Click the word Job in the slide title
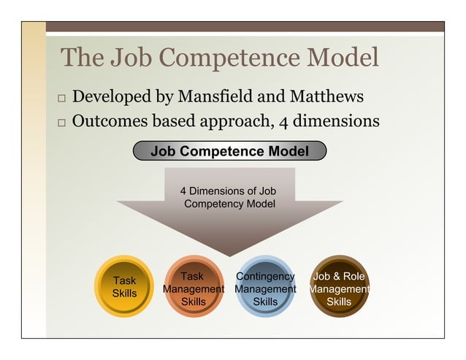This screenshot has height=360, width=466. [129, 58]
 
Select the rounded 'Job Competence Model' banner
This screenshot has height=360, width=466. [229, 151]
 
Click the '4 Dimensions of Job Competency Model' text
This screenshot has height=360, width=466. [229, 197]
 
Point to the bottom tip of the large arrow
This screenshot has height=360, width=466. [229, 255]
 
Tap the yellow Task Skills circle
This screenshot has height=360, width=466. [124, 286]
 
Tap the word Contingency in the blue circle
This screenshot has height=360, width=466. [265, 277]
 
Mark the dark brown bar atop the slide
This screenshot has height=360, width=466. [245, 26]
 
